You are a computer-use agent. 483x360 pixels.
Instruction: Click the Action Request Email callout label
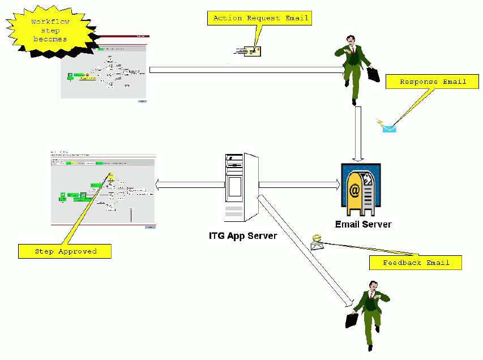(x=261, y=18)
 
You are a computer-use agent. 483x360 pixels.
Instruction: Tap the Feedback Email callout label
(x=416, y=263)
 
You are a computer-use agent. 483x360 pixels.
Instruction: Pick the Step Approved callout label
(x=65, y=251)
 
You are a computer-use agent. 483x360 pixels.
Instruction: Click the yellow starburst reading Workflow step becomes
(x=49, y=32)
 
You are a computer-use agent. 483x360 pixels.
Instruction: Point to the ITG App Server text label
(x=243, y=235)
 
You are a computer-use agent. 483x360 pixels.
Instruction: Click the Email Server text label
(x=363, y=224)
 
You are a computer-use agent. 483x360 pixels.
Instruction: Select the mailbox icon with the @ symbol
(x=361, y=190)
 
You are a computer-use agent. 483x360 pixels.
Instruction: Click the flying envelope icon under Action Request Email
(x=249, y=53)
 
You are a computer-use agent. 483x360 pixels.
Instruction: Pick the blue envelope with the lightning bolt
(x=388, y=126)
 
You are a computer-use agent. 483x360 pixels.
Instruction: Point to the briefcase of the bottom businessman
(x=352, y=320)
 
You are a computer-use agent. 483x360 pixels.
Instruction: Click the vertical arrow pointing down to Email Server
(x=358, y=134)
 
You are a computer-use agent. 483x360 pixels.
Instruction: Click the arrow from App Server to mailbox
(x=299, y=185)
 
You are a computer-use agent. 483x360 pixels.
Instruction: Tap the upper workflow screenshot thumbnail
(x=104, y=69)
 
